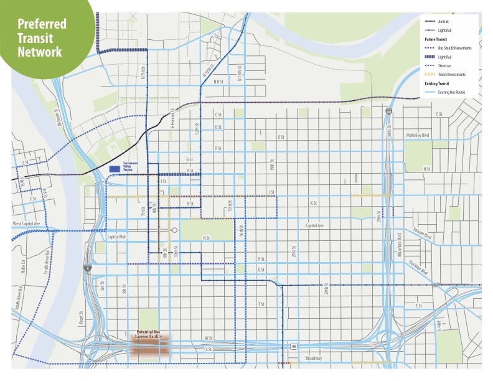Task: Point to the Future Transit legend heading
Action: (x=435, y=39)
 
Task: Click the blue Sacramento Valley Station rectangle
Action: (x=114, y=169)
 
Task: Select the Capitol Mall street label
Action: (x=116, y=237)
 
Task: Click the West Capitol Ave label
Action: (x=26, y=223)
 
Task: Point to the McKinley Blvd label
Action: (x=418, y=134)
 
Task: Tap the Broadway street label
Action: (x=313, y=359)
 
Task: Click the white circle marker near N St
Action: (x=175, y=230)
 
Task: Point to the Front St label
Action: (x=81, y=317)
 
